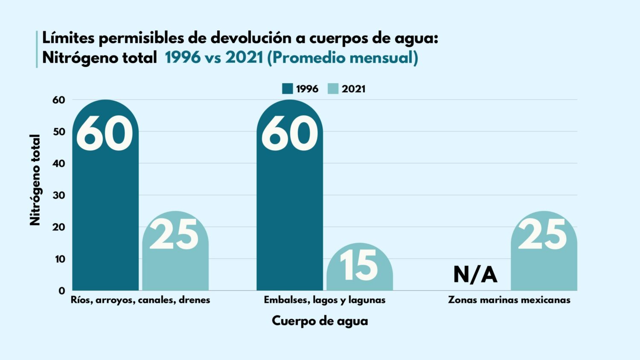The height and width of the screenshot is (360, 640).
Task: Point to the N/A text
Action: tap(475, 274)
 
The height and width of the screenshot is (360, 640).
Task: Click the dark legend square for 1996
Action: tap(288, 89)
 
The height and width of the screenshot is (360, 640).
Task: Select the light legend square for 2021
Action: tap(333, 89)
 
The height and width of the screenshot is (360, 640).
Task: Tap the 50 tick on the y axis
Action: tap(59, 132)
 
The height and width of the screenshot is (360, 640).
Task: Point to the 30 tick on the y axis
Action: tap(59, 195)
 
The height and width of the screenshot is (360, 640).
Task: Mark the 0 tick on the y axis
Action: tap(62, 291)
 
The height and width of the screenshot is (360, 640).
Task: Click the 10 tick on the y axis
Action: tap(59, 259)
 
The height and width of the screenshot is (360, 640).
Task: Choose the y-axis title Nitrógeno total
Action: tap(35, 180)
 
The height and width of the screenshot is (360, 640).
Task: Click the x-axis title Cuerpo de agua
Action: tap(320, 321)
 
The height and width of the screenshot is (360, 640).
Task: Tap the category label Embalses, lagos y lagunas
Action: tap(324, 300)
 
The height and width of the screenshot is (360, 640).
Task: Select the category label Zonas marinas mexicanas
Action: tap(509, 300)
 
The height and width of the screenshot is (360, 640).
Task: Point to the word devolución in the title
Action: tap(251, 38)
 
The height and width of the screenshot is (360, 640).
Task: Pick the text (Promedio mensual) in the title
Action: tap(343, 58)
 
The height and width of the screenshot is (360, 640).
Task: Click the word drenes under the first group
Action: tap(194, 300)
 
